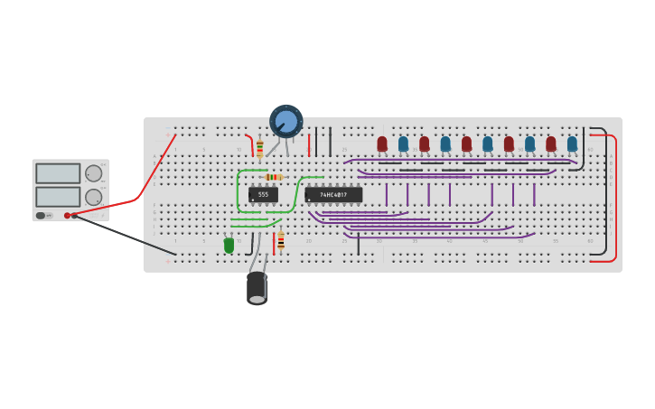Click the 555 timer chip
(x=263, y=194)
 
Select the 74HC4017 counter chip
(x=333, y=194)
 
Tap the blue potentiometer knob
(x=286, y=121)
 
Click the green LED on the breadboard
(x=229, y=244)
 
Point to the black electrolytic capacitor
(x=257, y=287)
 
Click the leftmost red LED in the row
(x=382, y=144)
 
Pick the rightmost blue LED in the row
(x=572, y=144)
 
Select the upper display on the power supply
(x=58, y=173)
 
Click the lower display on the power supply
(x=58, y=196)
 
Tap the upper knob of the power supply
(x=93, y=173)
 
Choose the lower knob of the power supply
(x=93, y=196)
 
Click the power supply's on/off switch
(x=42, y=215)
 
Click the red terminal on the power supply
(x=67, y=215)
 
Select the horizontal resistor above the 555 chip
(x=273, y=177)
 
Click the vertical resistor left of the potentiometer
(x=260, y=149)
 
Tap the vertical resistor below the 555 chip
(x=281, y=241)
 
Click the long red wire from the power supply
(x=145, y=185)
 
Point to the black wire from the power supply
(x=126, y=235)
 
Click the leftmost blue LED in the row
(x=403, y=144)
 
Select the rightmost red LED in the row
(x=551, y=144)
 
